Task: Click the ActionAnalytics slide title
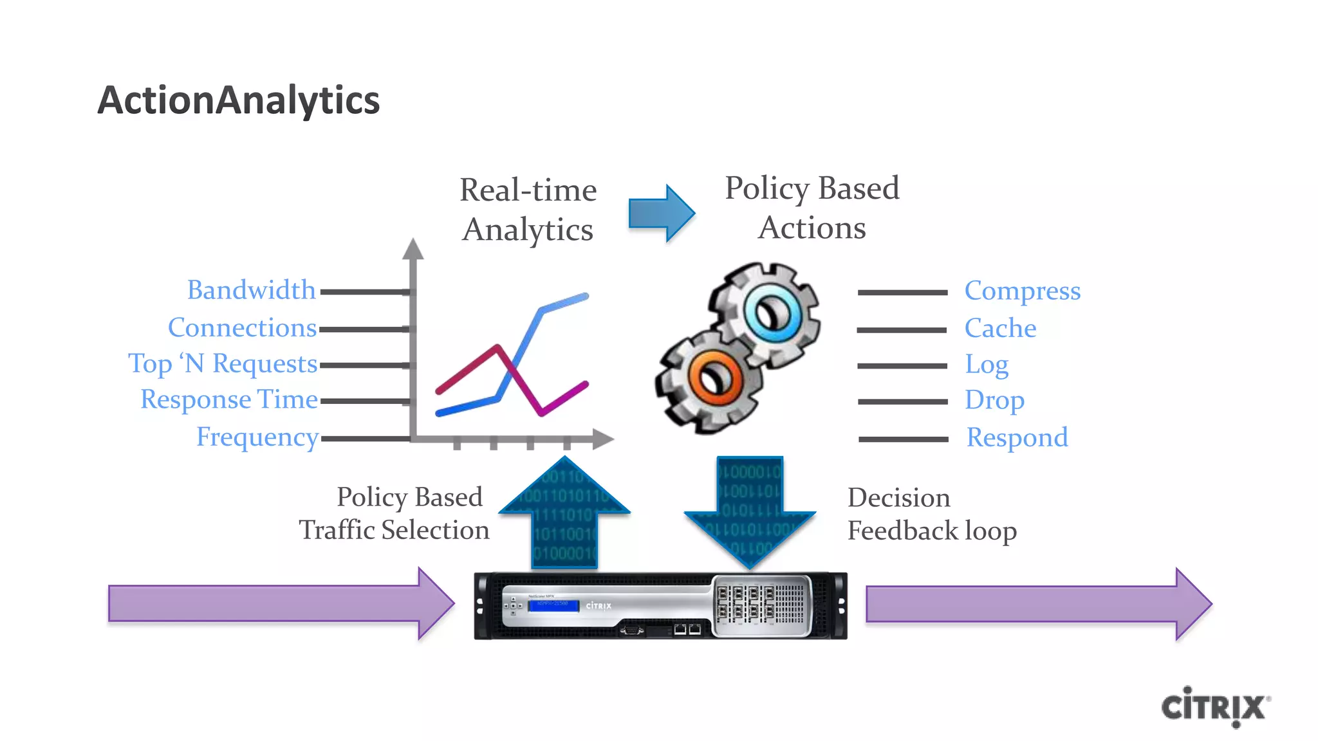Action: click(238, 101)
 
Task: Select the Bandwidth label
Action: click(251, 290)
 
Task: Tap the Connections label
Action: click(242, 328)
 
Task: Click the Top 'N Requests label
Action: click(223, 364)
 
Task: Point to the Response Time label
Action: click(229, 399)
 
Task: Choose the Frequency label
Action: click(257, 437)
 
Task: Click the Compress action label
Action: click(1022, 291)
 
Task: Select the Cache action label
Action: click(1000, 329)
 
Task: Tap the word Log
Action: click(986, 365)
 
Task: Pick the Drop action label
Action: click(994, 401)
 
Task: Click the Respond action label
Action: click(1017, 438)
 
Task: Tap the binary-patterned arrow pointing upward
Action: click(564, 515)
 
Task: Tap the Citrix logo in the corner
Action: click(1214, 707)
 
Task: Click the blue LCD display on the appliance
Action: click(553, 605)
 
